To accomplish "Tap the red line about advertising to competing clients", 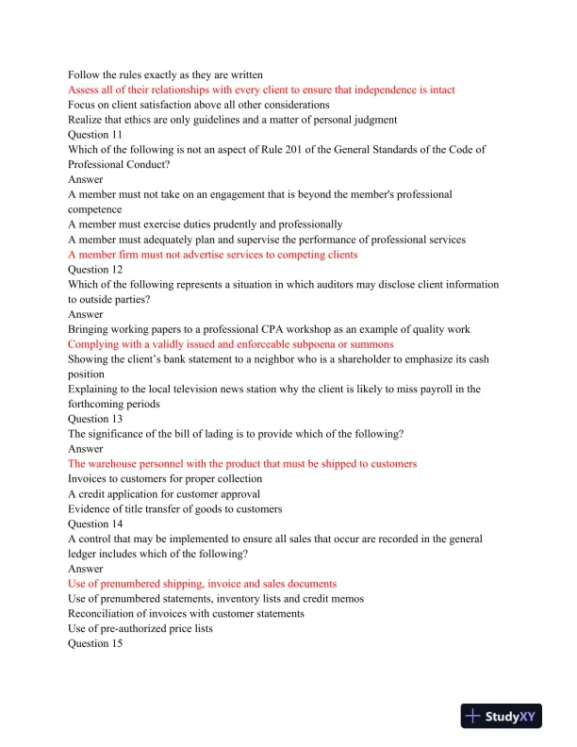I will pos(213,255).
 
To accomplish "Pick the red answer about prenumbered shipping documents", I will pos(202,584).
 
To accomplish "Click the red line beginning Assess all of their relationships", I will pos(261,90).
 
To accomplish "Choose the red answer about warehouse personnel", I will pos(242,464).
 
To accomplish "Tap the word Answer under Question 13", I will pos(86,449).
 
